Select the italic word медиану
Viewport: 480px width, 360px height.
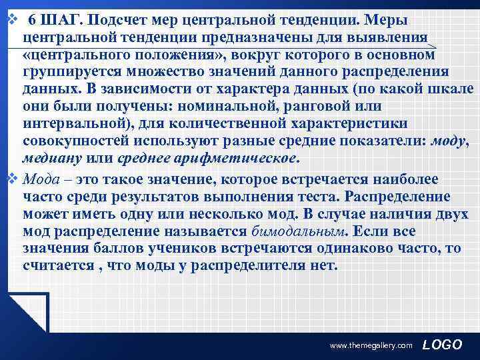[x=51, y=160]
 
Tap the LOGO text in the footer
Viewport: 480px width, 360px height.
[x=442, y=344]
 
